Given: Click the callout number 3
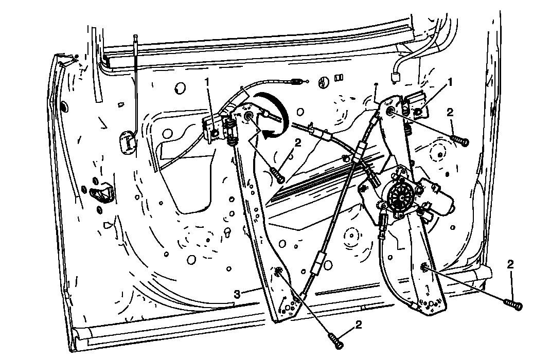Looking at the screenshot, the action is tap(238, 294).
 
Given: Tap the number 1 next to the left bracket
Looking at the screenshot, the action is tap(207, 82).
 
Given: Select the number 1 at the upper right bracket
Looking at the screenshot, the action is tap(450, 82).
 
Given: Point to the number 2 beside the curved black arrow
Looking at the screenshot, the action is tap(298, 142).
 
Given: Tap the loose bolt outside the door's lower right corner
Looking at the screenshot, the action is tap(513, 304).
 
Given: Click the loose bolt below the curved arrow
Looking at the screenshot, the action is tap(277, 174).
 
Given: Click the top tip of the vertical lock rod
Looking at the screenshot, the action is tap(135, 35).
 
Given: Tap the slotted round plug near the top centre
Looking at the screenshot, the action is tap(324, 82).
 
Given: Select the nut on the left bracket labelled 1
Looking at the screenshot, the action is tap(215, 132).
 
